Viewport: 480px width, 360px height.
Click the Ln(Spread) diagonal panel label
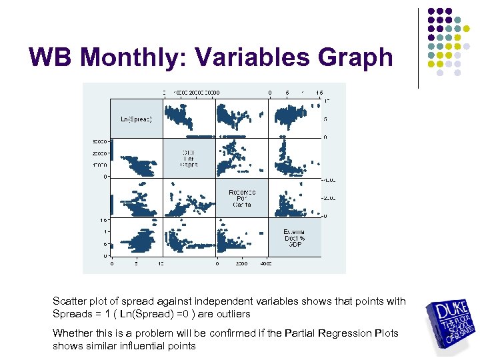tap(136, 119)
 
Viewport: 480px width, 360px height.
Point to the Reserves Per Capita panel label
tap(241, 198)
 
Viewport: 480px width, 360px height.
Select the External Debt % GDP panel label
tap(294, 237)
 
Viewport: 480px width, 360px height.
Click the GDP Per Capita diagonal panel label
tap(189, 158)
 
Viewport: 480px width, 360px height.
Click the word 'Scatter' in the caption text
tap(69, 301)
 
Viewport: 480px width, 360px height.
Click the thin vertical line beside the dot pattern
tap(418, 48)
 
